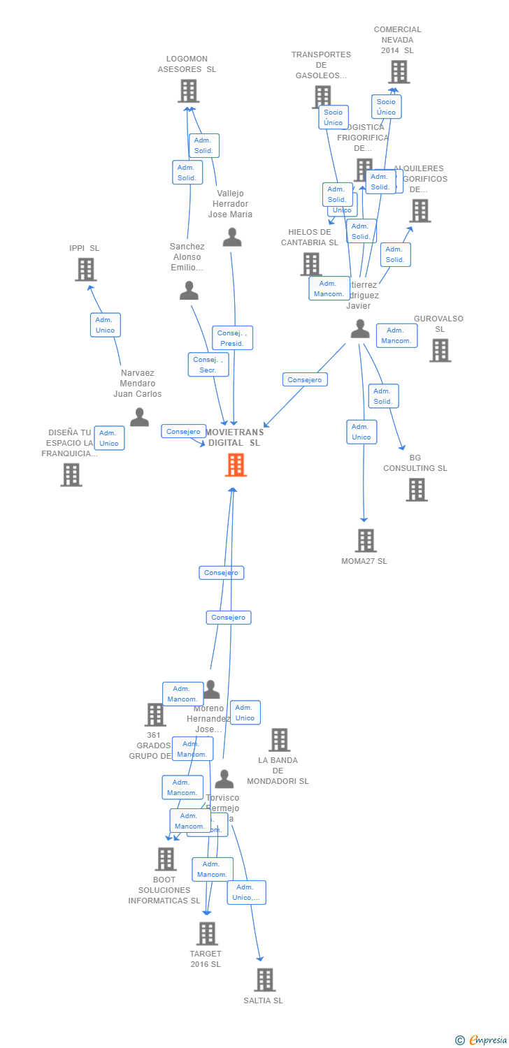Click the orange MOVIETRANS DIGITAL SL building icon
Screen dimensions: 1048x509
pyautogui.click(x=236, y=465)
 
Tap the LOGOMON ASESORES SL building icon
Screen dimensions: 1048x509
pyautogui.click(x=188, y=91)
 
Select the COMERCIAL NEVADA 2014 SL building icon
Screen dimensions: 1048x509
pyautogui.click(x=399, y=72)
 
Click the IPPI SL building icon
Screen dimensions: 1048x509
pyautogui.click(x=85, y=269)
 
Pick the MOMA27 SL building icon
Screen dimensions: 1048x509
pyautogui.click(x=366, y=540)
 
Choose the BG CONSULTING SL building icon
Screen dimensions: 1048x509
pyautogui.click(x=417, y=490)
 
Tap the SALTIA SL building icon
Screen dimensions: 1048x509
pyautogui.click(x=264, y=980)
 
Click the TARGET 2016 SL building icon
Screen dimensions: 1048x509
pyautogui.click(x=207, y=933)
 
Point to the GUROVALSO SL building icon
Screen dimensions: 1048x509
pyautogui.click(x=440, y=350)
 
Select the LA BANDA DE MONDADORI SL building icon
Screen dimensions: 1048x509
pyautogui.click(x=279, y=740)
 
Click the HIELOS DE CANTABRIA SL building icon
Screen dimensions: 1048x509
pyautogui.click(x=311, y=263)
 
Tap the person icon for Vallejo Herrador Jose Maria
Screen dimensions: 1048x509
pyautogui.click(x=232, y=238)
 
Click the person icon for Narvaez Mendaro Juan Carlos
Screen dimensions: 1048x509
pyautogui.click(x=139, y=417)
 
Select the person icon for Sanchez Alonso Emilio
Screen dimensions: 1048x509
pyautogui.click(x=189, y=291)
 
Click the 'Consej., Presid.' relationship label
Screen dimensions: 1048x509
pyautogui.click(x=231, y=338)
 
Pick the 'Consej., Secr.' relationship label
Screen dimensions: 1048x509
pyautogui.click(x=208, y=365)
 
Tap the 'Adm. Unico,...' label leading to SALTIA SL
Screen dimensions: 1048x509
pyautogui.click(x=246, y=892)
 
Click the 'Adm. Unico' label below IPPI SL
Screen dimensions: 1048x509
pyautogui.click(x=105, y=325)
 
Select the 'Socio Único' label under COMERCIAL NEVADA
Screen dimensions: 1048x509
pyautogui.click(x=386, y=107)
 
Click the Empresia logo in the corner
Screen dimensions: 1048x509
pyautogui.click(x=482, y=1040)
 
